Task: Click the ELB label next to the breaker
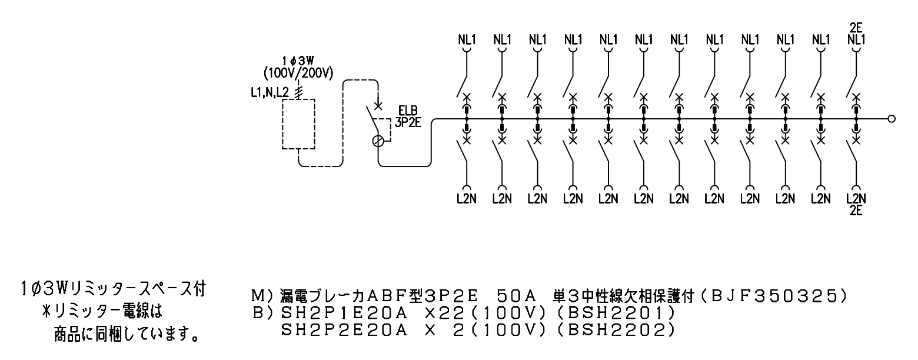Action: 408,111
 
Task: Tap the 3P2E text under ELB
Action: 408,122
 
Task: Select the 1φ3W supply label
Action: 298,61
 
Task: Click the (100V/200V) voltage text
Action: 298,74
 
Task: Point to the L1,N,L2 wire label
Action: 270,93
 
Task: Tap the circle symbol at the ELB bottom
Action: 378,141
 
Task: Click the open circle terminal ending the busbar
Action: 892,119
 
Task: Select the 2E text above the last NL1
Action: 856,28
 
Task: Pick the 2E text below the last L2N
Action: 856,211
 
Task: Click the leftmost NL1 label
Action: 467,40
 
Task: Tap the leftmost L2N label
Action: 467,199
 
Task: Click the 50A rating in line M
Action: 515,296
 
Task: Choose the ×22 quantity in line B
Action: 445,314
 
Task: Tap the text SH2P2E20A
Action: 344,330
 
